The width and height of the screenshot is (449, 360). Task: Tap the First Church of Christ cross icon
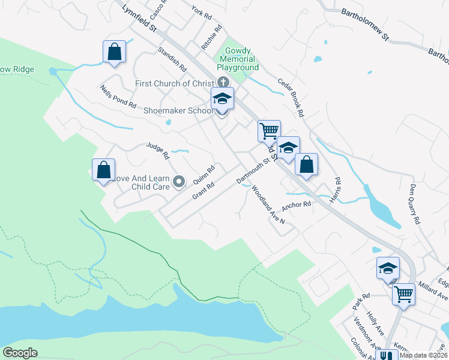click(x=223, y=83)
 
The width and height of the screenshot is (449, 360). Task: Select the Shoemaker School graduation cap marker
click(x=222, y=100)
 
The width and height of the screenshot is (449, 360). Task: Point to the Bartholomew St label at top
click(x=366, y=25)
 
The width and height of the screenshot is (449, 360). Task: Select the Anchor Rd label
click(x=298, y=205)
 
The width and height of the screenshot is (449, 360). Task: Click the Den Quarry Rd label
click(x=415, y=204)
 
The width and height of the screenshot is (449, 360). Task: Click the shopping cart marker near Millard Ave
click(x=404, y=294)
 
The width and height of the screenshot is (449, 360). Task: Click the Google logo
click(x=20, y=353)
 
